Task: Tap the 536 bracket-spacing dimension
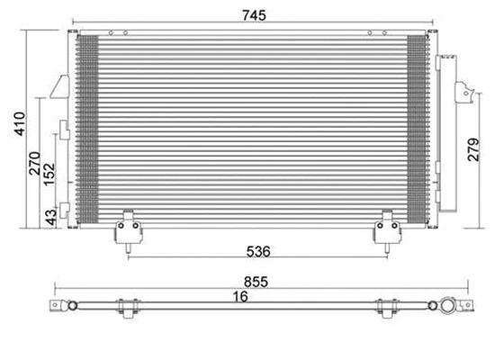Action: click(x=256, y=249)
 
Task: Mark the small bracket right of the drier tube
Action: click(x=465, y=91)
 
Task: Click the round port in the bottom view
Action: click(x=447, y=308)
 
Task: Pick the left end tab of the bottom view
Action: click(x=61, y=308)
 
